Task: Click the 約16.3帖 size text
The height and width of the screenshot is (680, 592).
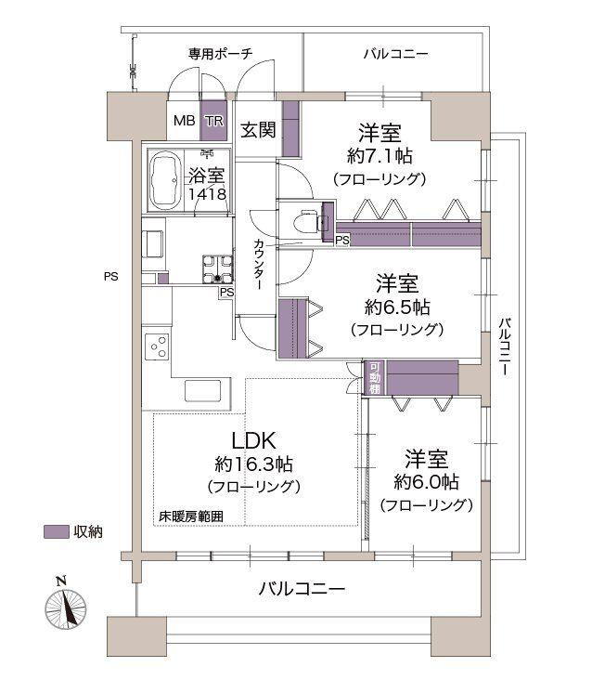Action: pyautogui.click(x=252, y=464)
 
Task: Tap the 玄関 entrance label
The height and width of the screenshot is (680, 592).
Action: pyautogui.click(x=259, y=130)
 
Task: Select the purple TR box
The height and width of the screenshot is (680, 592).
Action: pyautogui.click(x=213, y=121)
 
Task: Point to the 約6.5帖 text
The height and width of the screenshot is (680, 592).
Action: pyautogui.click(x=396, y=306)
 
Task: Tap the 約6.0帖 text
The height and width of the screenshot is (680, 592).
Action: pyautogui.click(x=426, y=482)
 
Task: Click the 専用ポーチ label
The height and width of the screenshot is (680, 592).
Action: pyautogui.click(x=220, y=53)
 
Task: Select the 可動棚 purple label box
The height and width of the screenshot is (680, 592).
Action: pyautogui.click(x=375, y=377)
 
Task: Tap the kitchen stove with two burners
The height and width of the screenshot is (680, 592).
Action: pyautogui.click(x=157, y=347)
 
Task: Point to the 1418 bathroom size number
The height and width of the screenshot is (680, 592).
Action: pyautogui.click(x=205, y=194)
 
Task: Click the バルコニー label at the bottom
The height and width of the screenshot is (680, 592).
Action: pyautogui.click(x=302, y=589)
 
